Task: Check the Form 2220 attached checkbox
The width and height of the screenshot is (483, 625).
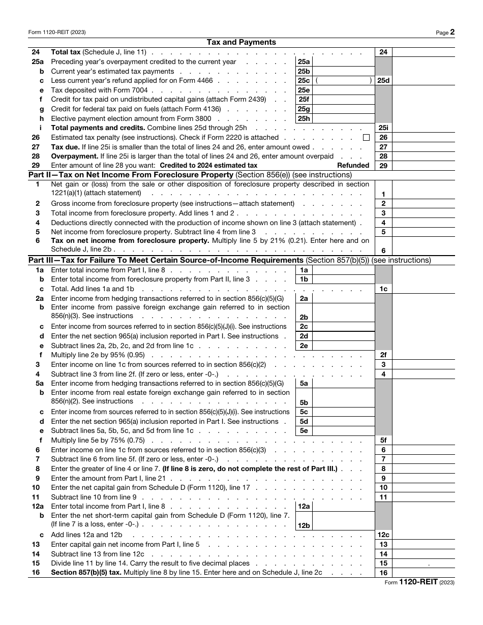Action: [x=366, y=138]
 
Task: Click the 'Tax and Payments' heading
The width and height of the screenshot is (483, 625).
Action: [x=242, y=42]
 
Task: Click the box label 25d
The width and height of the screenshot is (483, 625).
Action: [x=383, y=80]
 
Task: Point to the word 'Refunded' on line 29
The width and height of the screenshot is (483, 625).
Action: [x=353, y=165]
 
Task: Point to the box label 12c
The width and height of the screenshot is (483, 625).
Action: [x=383, y=535]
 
